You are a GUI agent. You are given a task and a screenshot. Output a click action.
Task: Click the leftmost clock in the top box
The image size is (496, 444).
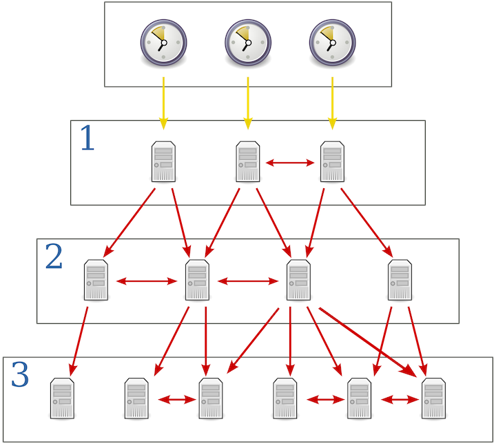163,43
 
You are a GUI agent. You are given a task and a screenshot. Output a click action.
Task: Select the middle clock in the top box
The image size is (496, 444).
247,43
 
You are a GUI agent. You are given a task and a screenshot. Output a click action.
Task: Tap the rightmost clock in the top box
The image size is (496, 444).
331,43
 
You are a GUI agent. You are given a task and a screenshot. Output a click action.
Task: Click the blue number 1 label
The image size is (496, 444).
87,139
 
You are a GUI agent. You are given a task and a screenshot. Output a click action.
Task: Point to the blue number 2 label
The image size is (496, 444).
54,258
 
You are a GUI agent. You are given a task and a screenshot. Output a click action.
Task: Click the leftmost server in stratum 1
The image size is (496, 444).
163,162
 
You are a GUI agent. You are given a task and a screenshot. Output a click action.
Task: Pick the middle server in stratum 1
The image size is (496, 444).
247,162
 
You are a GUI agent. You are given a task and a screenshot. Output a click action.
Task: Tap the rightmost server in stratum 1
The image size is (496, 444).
331,162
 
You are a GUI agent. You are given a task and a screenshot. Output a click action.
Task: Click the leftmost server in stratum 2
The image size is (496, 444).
96,280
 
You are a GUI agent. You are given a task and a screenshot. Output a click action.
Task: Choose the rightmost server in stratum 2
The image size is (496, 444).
400,280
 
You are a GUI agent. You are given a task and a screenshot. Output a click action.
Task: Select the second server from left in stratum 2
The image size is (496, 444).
197,280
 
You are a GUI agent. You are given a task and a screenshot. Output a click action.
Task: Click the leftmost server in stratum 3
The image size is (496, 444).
63,398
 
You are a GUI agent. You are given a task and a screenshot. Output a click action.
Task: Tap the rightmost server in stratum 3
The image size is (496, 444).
433,398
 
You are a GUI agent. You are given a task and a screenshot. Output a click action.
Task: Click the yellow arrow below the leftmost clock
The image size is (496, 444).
163,103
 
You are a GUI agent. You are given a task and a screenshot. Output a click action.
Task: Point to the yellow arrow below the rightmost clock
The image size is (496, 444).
331,103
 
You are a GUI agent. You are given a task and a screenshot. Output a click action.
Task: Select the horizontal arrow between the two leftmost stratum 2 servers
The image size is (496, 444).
147,281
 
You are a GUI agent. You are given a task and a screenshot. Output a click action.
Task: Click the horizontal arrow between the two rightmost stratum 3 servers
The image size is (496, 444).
402,399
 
